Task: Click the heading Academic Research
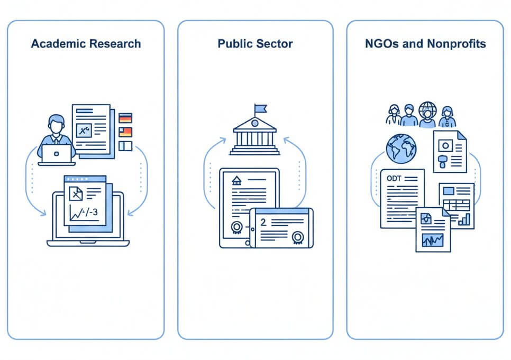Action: point(86,43)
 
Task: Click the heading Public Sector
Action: point(255,43)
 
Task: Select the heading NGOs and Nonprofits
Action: point(425,43)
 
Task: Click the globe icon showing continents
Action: point(401,147)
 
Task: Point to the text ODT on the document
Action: point(394,178)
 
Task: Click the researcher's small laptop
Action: point(57,154)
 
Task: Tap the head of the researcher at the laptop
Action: point(56,125)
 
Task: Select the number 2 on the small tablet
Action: point(263,223)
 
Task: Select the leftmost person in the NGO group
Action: point(394,115)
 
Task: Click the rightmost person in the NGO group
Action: point(447,116)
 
